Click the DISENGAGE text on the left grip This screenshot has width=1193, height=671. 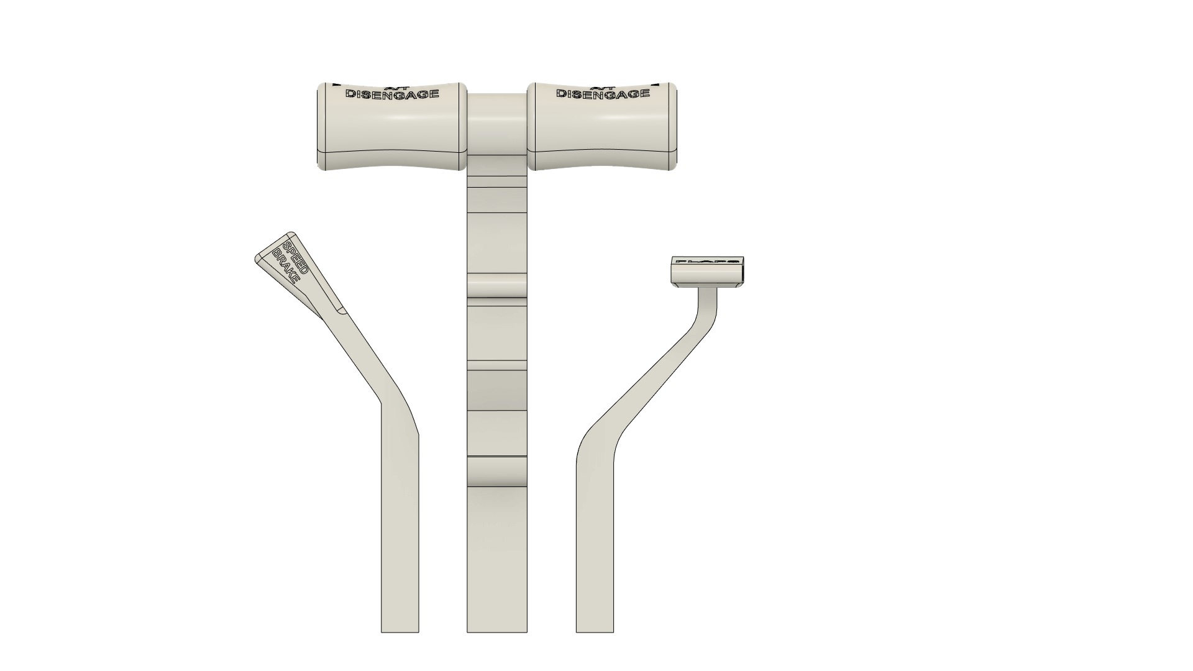pyautogui.click(x=392, y=94)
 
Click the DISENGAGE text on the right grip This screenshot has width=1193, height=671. pyautogui.click(x=603, y=94)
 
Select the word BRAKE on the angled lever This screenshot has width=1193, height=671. pyautogui.click(x=285, y=263)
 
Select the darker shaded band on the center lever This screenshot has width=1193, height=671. pyautogui.click(x=496, y=390)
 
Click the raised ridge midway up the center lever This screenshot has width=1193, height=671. pyautogui.click(x=496, y=286)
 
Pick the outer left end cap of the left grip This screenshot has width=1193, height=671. pyautogui.click(x=321, y=127)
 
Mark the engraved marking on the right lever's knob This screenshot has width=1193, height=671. pyautogui.click(x=707, y=262)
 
